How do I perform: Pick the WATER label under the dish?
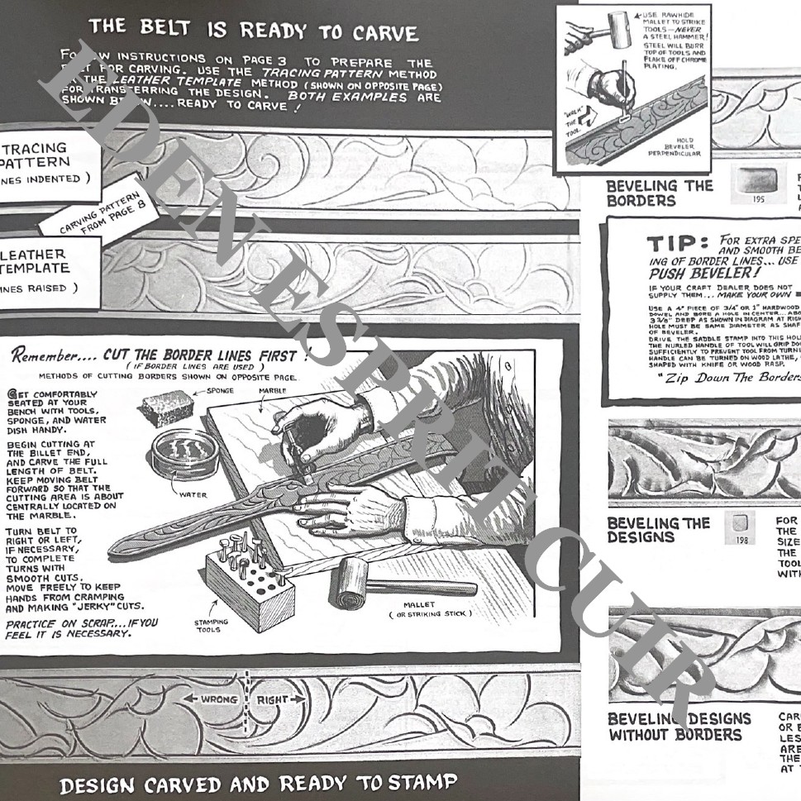[193, 496]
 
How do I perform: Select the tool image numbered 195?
[758, 184]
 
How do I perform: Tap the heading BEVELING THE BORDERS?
[659, 193]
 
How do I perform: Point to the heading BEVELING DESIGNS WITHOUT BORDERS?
[679, 727]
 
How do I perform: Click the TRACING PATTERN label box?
[45, 163]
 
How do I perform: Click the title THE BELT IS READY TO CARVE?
[253, 31]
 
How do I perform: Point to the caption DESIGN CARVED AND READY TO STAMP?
[257, 782]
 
